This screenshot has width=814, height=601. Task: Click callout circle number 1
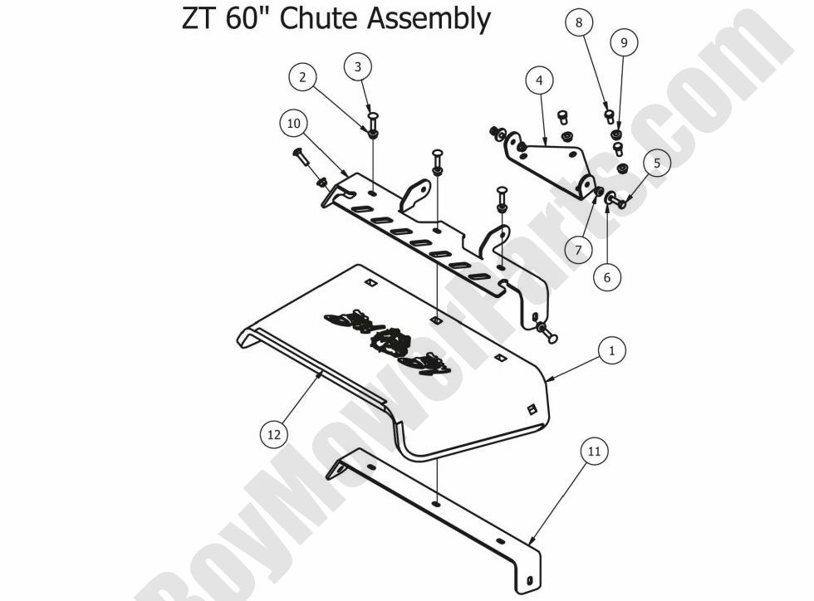coord(611,351)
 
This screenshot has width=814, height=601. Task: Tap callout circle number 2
coord(302,77)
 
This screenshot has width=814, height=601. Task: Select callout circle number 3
coord(358,67)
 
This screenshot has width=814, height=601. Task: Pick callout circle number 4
coord(539,81)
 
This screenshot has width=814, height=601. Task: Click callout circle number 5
coord(656,164)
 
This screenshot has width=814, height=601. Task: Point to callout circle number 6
coord(607,278)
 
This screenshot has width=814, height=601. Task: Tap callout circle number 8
coord(579,22)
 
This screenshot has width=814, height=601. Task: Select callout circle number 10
coord(292,124)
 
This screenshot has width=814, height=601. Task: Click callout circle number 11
coord(593,452)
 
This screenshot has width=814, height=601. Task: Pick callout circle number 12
coord(275,433)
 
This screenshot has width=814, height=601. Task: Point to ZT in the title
coord(198,18)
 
